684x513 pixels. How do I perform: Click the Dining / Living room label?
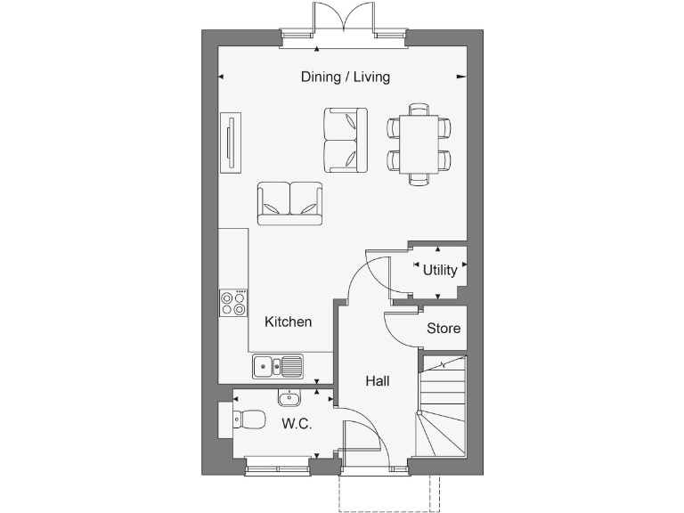(345, 77)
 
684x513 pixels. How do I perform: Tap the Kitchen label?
(289, 322)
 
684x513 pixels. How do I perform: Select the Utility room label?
(440, 270)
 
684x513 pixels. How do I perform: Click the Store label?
(444, 329)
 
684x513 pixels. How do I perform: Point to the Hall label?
(378, 381)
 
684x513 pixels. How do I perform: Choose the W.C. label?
(297, 424)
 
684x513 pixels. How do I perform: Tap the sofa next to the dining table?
(346, 141)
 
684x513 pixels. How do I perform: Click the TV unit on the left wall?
(232, 142)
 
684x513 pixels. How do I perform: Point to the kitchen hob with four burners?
(234, 304)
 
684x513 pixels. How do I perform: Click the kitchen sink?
(277, 364)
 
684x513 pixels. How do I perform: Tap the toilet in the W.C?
(244, 417)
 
